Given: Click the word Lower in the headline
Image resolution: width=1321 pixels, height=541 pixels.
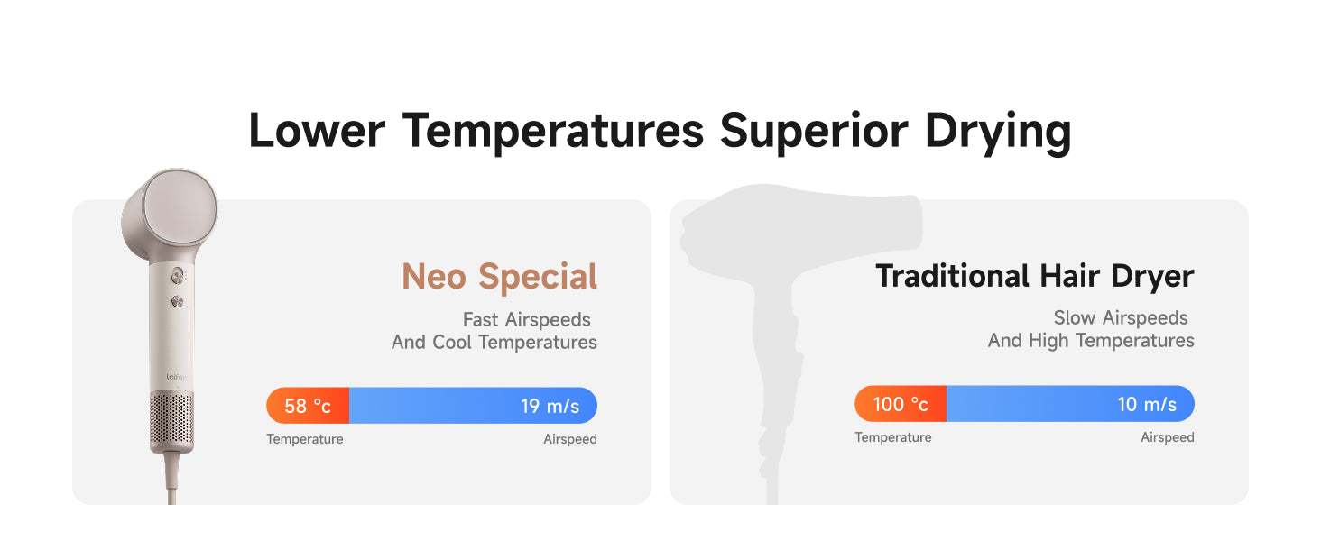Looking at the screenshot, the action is [317, 131].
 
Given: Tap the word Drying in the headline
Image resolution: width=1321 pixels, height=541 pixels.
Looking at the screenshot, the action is [997, 133].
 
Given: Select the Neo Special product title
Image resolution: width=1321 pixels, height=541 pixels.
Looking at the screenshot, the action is [499, 276].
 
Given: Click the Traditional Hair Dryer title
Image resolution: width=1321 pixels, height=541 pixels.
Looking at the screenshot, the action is [1035, 276].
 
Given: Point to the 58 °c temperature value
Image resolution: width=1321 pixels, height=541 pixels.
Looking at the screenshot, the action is [308, 406].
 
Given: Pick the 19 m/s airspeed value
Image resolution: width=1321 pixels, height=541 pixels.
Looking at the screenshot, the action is [550, 406].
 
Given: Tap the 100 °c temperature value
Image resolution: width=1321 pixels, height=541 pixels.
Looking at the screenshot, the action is [901, 404].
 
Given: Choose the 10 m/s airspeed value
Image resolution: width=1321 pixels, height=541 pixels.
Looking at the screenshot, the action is [1147, 404].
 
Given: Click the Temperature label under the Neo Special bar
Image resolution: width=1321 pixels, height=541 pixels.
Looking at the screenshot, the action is [304, 439].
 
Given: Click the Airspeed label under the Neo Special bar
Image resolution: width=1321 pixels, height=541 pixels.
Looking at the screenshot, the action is [569, 439].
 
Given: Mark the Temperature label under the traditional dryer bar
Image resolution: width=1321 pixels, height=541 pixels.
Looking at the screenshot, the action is [893, 437].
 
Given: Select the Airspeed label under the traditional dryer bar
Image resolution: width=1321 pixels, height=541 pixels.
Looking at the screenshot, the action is [1167, 437].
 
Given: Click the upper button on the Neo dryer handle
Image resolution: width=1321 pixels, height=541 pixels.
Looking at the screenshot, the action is [177, 275].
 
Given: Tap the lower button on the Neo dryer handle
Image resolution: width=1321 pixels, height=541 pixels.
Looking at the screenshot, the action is [177, 302].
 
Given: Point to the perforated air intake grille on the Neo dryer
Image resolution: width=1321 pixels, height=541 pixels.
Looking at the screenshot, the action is [171, 419].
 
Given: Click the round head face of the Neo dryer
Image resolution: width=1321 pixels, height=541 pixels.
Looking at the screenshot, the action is [180, 207].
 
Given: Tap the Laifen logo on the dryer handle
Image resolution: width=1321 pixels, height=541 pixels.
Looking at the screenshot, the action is [176, 377].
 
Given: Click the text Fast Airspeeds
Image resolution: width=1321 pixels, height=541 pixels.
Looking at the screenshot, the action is [526, 319].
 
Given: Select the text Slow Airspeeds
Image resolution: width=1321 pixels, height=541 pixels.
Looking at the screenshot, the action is [1121, 317].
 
